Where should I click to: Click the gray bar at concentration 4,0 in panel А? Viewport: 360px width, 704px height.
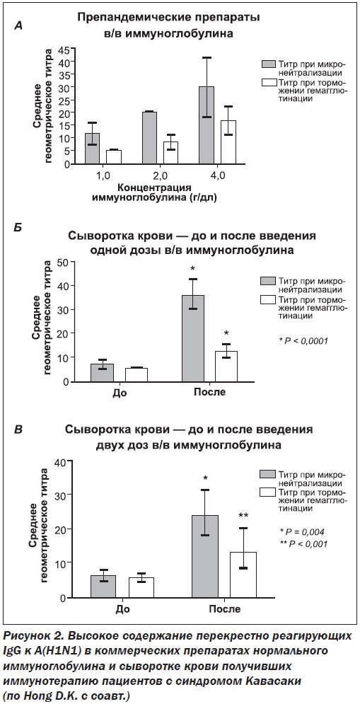(x=207, y=125)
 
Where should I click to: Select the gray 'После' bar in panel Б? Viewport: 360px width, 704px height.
(x=192, y=338)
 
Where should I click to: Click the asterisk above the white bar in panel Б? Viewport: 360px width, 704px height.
(x=226, y=333)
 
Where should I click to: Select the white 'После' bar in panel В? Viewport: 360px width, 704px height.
(x=243, y=575)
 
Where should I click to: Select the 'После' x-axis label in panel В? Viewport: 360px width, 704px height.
(x=224, y=609)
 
